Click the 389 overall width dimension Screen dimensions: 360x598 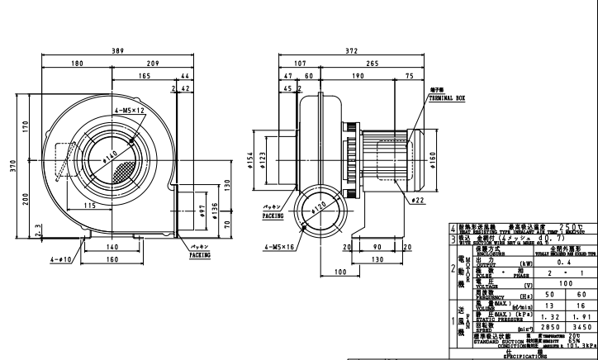pos(118,51)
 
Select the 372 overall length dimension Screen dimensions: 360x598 pos(351,51)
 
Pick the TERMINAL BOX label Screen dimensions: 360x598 pos(447,97)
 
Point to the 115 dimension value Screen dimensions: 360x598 pos(90,205)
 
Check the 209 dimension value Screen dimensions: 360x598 pos(153,63)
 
